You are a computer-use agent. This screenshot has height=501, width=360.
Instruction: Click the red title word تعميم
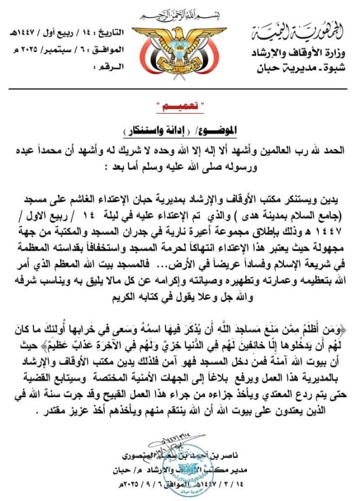(x=180, y=106)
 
